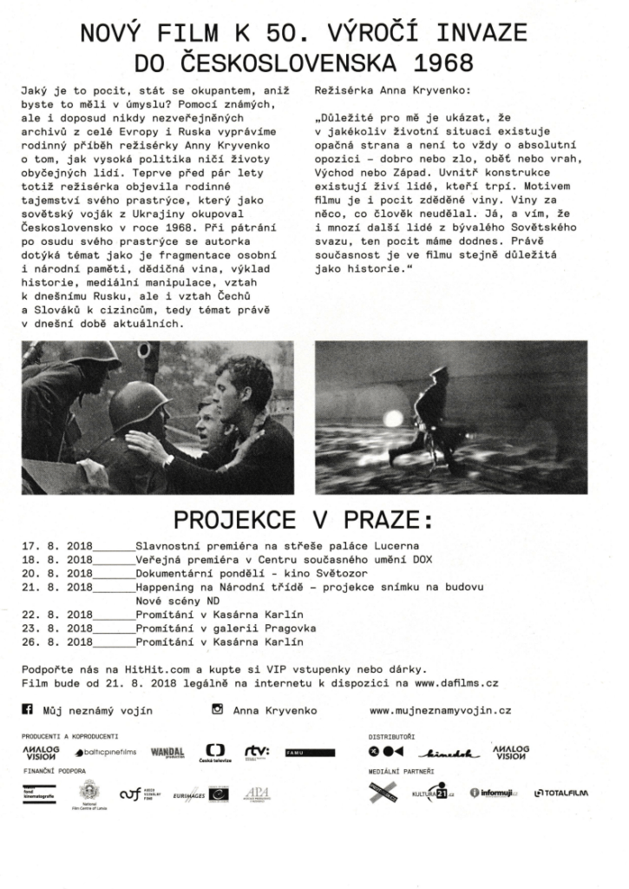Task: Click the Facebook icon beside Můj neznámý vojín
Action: tap(27, 709)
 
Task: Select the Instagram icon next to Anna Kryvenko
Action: tap(218, 709)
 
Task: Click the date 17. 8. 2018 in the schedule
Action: tap(58, 547)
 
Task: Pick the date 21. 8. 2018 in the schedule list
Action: tap(58, 587)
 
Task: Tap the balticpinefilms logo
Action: tap(106, 752)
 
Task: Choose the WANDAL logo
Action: tap(168, 752)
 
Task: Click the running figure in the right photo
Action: tap(434, 415)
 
